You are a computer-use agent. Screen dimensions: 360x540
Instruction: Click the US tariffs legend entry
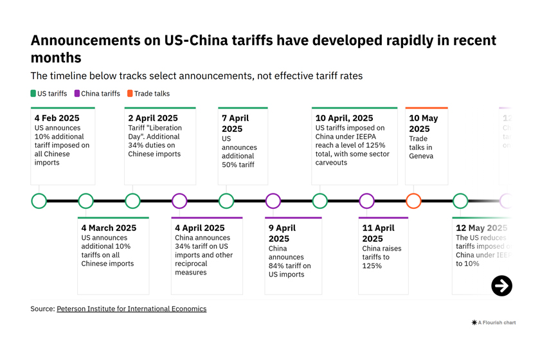[x=49, y=94]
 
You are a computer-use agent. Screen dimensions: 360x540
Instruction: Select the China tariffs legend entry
[x=97, y=94]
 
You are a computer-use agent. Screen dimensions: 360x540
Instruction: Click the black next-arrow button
[x=501, y=285]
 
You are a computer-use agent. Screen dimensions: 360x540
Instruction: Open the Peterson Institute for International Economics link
[x=131, y=309]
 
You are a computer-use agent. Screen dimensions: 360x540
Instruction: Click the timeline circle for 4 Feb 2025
[x=39, y=201]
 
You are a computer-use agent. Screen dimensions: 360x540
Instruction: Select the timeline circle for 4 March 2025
[x=86, y=201]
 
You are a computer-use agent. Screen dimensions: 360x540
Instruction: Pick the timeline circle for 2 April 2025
[x=132, y=201]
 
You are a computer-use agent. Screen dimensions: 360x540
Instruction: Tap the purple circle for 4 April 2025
[x=179, y=201]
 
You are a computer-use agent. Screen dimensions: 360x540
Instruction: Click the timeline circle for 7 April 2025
[x=226, y=201]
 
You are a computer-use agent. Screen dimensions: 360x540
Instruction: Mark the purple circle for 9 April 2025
[x=273, y=201]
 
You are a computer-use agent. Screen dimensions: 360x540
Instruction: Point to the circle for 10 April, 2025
[x=319, y=201]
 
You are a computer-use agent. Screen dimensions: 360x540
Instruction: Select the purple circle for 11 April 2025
[x=366, y=201]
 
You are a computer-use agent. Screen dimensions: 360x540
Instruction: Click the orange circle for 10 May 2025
[x=413, y=201]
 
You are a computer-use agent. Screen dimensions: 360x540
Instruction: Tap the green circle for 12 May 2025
[x=460, y=201]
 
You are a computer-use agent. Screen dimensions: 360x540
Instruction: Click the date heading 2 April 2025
[x=153, y=118]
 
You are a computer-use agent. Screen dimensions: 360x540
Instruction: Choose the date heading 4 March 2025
[x=109, y=228]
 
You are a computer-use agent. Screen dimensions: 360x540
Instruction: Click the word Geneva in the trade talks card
[x=421, y=156]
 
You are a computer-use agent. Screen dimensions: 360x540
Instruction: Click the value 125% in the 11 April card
[x=372, y=265]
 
